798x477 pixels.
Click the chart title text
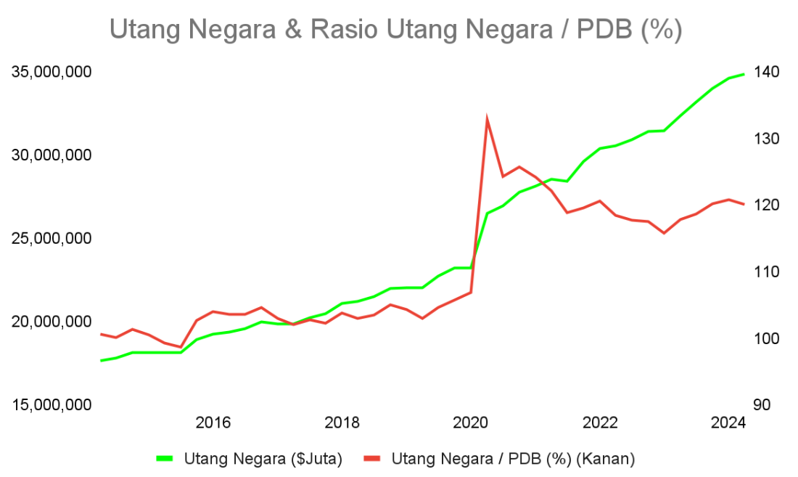[395, 30]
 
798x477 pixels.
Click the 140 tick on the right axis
[766, 72]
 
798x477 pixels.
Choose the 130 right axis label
[766, 139]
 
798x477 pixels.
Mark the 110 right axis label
[766, 272]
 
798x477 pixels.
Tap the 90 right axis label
[762, 404]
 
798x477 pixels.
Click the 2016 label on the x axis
[213, 423]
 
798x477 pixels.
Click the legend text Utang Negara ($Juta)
[263, 458]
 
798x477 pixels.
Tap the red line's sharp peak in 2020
[487, 117]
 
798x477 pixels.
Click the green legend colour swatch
[165, 458]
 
